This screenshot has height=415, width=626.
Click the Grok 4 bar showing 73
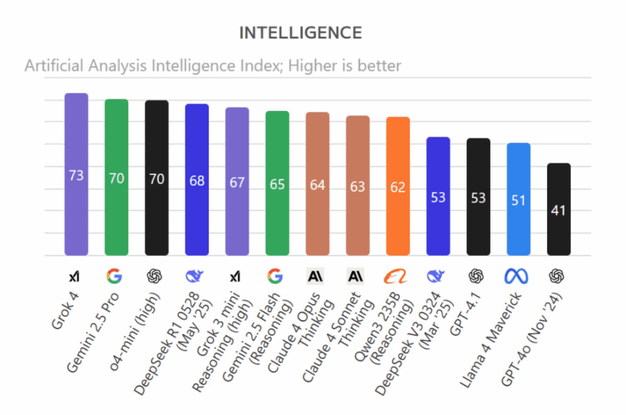(x=76, y=174)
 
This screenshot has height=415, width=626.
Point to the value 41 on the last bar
(x=558, y=211)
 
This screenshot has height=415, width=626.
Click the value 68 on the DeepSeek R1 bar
(x=197, y=181)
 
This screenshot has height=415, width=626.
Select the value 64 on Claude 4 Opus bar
(x=317, y=185)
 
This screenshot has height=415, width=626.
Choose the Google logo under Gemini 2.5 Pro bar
(x=114, y=277)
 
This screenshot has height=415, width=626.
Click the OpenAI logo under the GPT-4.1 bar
(x=476, y=277)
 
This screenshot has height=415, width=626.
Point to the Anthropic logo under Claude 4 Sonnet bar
(x=355, y=277)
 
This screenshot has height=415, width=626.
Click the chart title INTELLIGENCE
(x=300, y=33)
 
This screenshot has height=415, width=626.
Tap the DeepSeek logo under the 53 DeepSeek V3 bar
(x=436, y=277)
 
